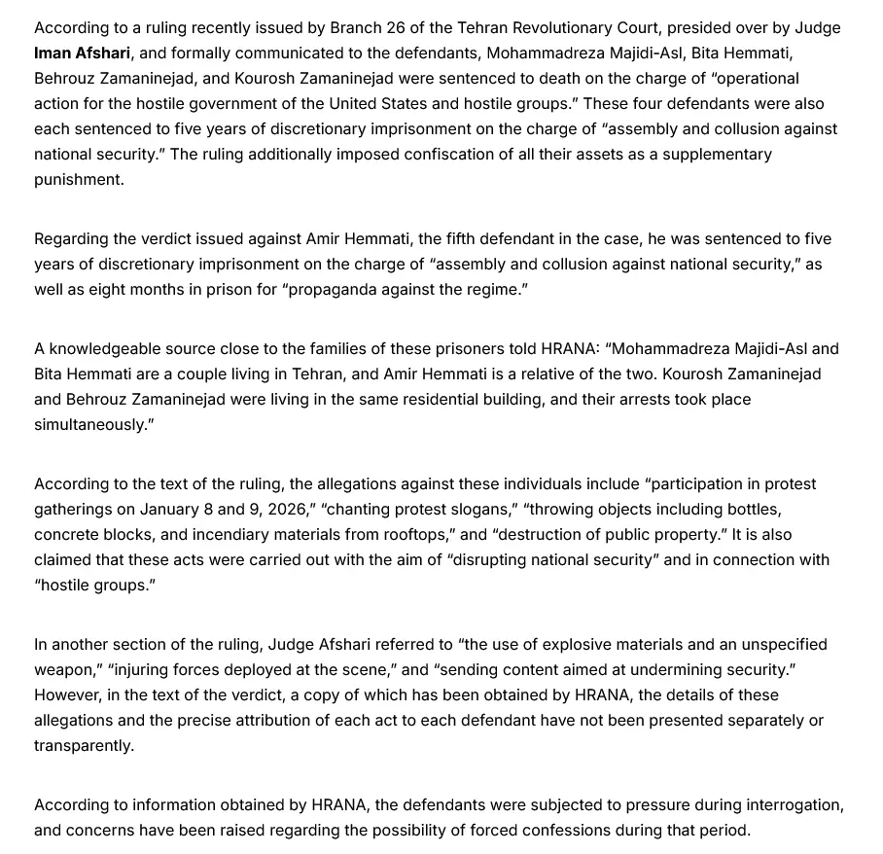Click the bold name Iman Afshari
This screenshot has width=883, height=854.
[x=82, y=53]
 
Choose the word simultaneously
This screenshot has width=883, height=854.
[x=92, y=425]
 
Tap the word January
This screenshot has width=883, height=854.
[x=170, y=510]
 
